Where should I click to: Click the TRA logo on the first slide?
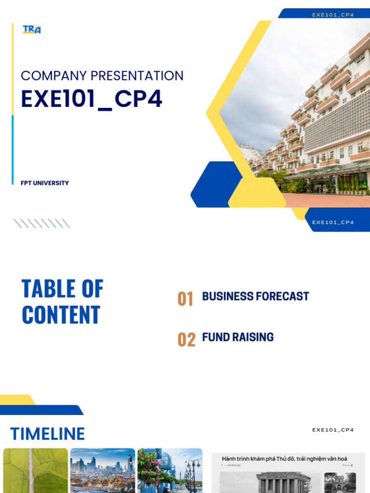[x=32, y=29]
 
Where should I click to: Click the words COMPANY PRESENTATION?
[x=102, y=76]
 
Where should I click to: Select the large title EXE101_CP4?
[x=92, y=99]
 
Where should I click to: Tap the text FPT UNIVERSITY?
[x=45, y=183]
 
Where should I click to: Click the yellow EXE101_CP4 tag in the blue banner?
[x=333, y=15]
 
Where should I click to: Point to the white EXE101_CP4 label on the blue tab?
[x=333, y=222]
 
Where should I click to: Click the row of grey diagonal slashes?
[x=42, y=223]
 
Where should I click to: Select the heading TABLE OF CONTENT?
[x=62, y=302]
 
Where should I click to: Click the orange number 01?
[x=185, y=299]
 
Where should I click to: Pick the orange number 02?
[x=186, y=340]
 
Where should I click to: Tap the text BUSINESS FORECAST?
[x=255, y=297]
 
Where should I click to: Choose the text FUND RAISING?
[x=238, y=337]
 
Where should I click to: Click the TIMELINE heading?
[x=47, y=434]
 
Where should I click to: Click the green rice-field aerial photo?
[x=36, y=470]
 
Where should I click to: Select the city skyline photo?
[x=103, y=470]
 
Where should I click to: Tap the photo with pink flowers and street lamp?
[x=170, y=470]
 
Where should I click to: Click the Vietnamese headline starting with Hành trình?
[x=284, y=459]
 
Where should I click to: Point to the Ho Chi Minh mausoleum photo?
[x=270, y=482]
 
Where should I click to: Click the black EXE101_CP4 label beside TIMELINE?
[x=333, y=430]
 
